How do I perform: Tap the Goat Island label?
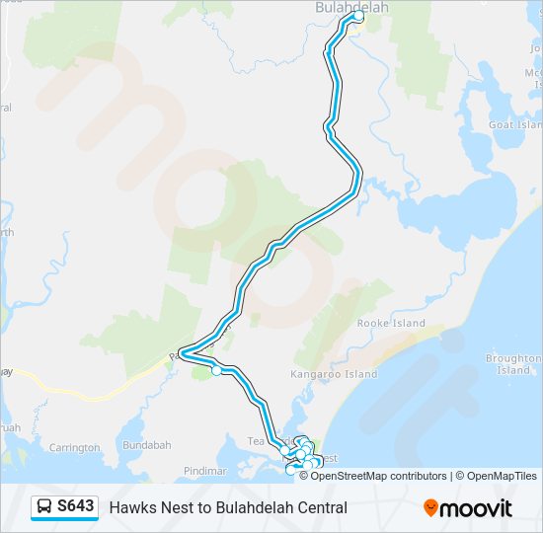(x=515, y=125)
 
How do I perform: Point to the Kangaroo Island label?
(x=334, y=375)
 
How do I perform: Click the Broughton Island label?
(x=513, y=364)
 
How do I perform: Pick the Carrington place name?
(x=73, y=448)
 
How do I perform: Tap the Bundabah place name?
(x=147, y=445)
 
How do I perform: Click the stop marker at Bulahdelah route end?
(x=358, y=17)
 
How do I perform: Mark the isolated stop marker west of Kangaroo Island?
(x=216, y=371)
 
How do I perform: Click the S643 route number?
(x=76, y=507)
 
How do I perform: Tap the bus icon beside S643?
(x=45, y=507)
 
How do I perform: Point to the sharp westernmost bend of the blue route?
(x=182, y=352)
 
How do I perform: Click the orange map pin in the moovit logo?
(x=430, y=508)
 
